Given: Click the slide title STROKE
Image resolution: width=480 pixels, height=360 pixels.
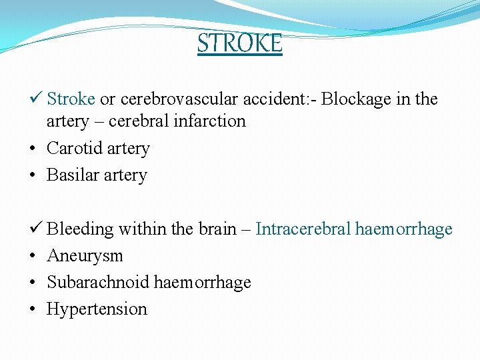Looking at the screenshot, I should pos(240,43).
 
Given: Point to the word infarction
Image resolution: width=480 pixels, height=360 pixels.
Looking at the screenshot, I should pos(211,121).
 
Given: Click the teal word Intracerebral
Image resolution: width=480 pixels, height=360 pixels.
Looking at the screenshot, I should pos(303,229).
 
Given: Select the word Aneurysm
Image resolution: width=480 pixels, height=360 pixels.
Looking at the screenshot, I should pos(85,256).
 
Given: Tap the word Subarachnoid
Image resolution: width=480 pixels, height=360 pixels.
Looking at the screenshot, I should pos(98,282).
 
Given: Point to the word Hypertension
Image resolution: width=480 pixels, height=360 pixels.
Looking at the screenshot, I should pos(97,309).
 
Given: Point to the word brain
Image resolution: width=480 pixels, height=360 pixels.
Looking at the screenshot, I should pos(217,229).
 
